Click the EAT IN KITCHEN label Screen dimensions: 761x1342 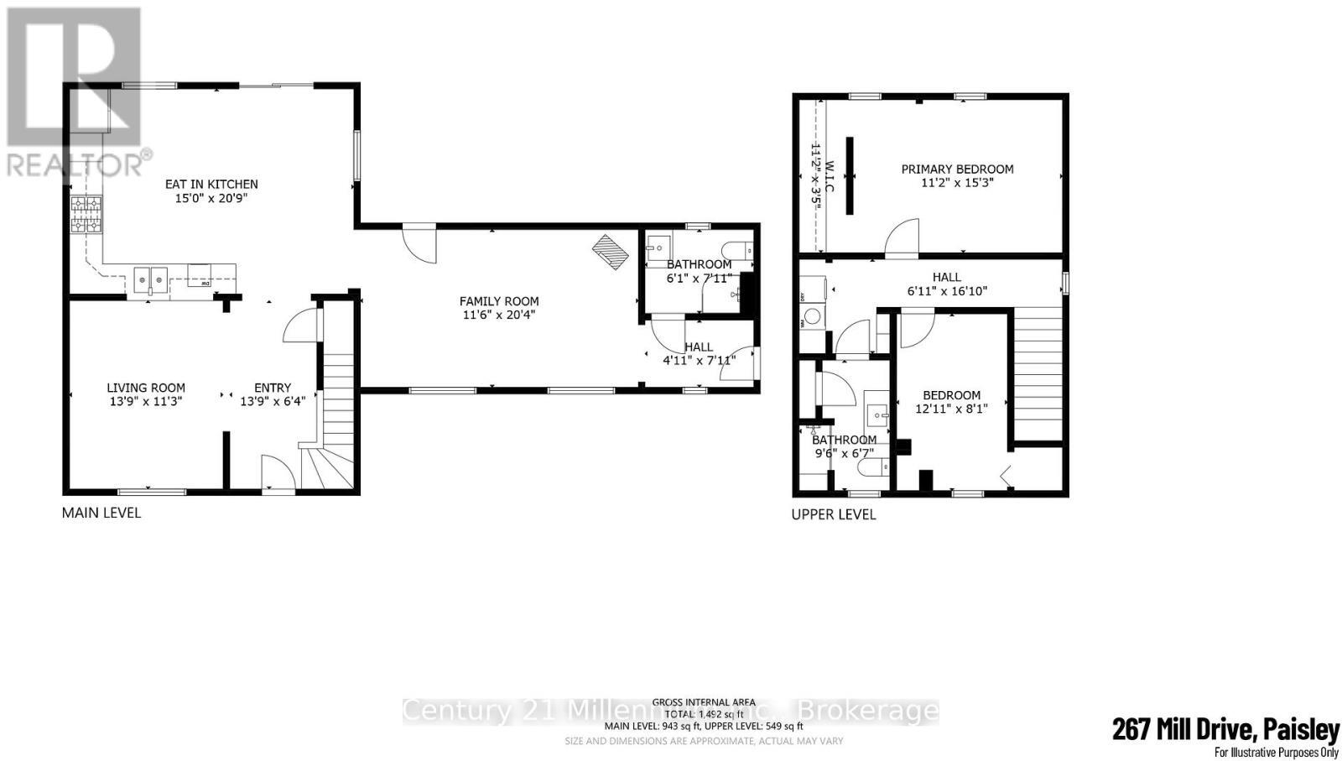pyautogui.click(x=211, y=185)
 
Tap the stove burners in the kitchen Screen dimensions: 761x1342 pyautogui.click(x=86, y=214)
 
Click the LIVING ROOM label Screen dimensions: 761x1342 pyautogui.click(x=146, y=388)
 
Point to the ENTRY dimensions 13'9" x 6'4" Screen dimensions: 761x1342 pyautogui.click(x=273, y=402)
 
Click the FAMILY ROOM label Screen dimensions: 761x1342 pyautogui.click(x=499, y=301)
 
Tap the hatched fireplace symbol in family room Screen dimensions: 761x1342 pyautogui.click(x=611, y=252)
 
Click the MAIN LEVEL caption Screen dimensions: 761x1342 pyautogui.click(x=101, y=513)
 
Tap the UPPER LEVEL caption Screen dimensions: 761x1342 pyautogui.click(x=834, y=514)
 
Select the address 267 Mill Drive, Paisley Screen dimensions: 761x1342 pyautogui.click(x=1225, y=729)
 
